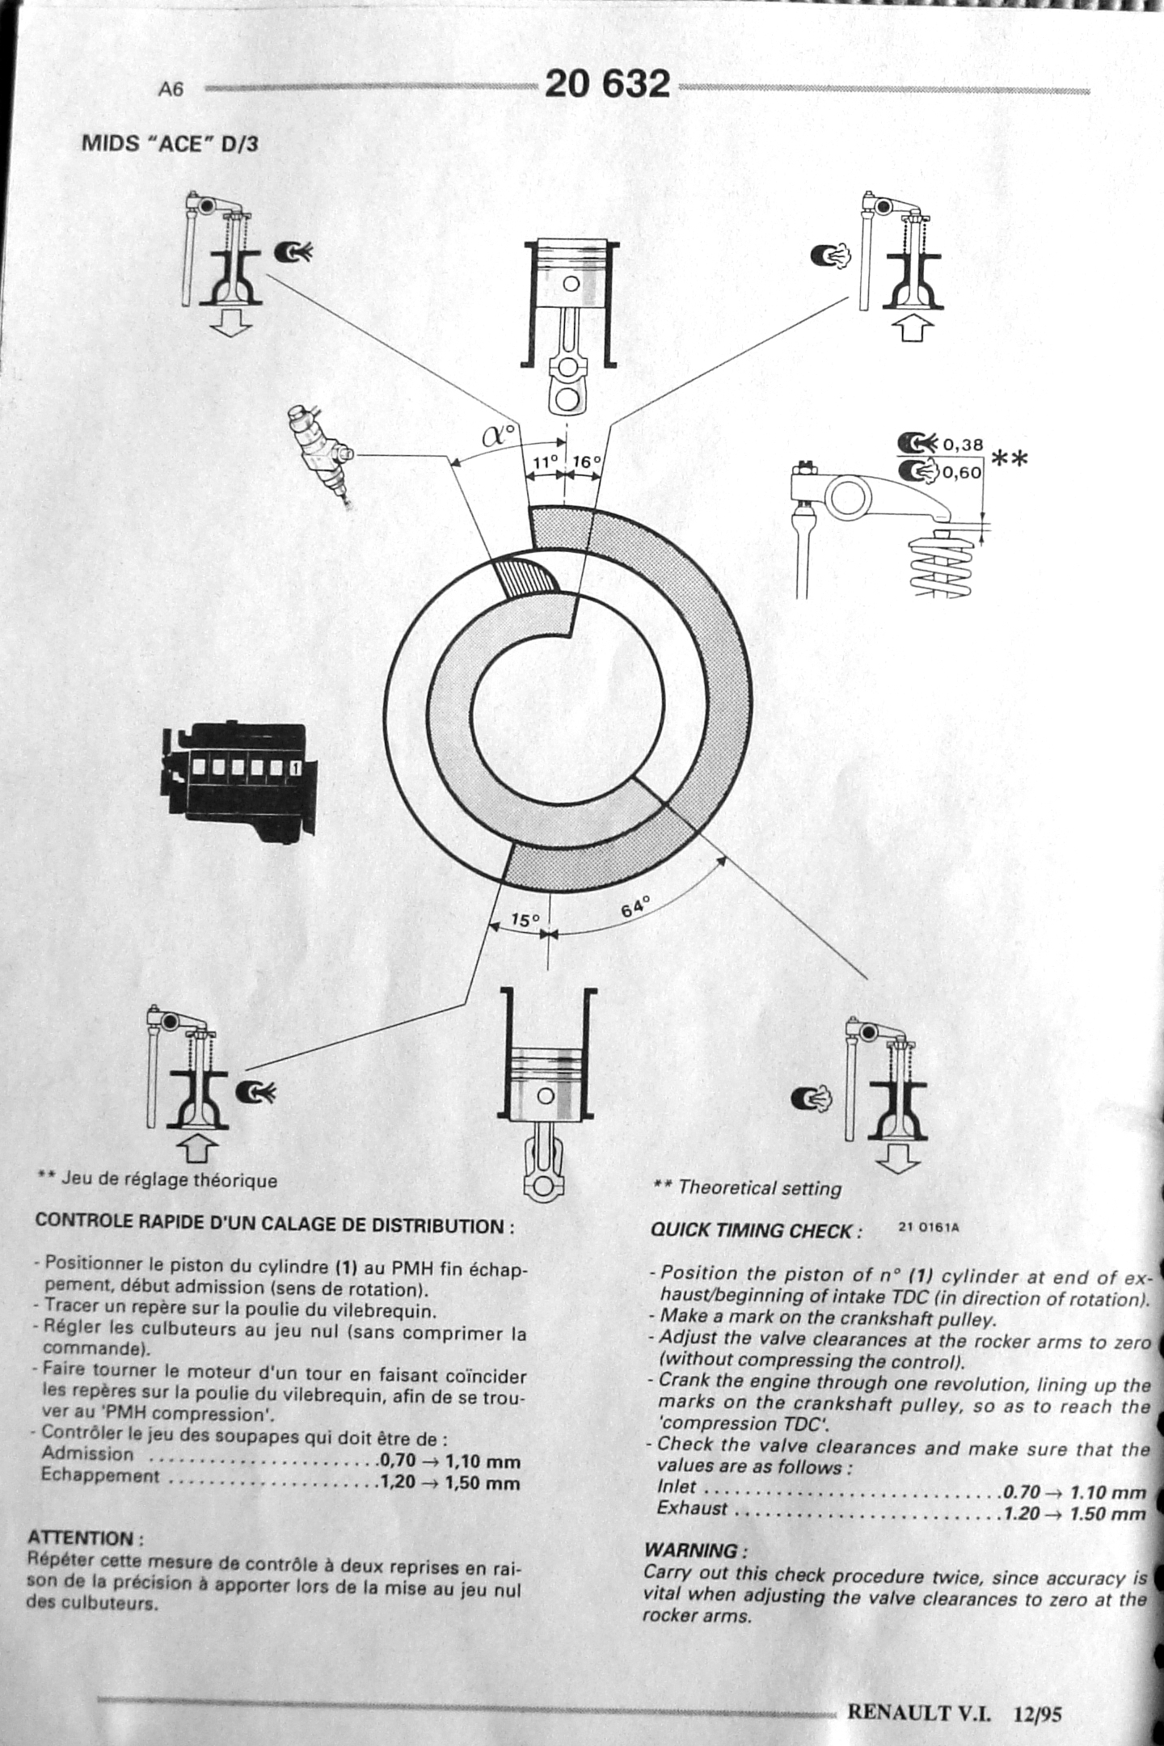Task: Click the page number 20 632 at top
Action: pos(608,84)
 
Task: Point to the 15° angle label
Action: pos(525,920)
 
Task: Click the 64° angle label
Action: pos(636,906)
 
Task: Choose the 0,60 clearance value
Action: pos(962,472)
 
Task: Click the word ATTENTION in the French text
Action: pos(86,1537)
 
